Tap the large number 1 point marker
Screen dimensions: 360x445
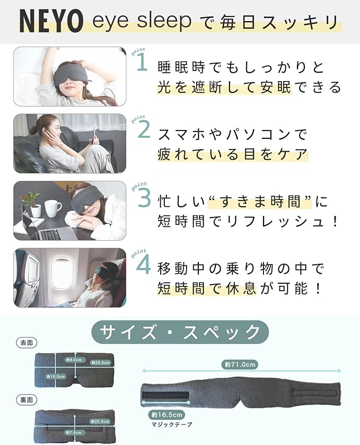(143, 63)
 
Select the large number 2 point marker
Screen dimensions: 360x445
(144, 130)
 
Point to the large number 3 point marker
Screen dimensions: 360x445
(144, 197)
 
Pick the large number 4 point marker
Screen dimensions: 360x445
(144, 265)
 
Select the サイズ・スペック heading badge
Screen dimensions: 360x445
(180, 332)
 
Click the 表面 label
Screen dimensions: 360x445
(27, 343)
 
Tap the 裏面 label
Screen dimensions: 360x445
(27, 400)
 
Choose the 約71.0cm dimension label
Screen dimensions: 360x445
(240, 364)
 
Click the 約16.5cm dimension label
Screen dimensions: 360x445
(166, 415)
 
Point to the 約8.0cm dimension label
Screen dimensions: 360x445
(74, 360)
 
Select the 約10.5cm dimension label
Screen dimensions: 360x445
(56, 377)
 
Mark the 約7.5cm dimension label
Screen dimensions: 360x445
(74, 432)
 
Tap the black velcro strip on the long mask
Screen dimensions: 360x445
(165, 396)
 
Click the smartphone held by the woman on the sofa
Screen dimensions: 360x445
(94, 135)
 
